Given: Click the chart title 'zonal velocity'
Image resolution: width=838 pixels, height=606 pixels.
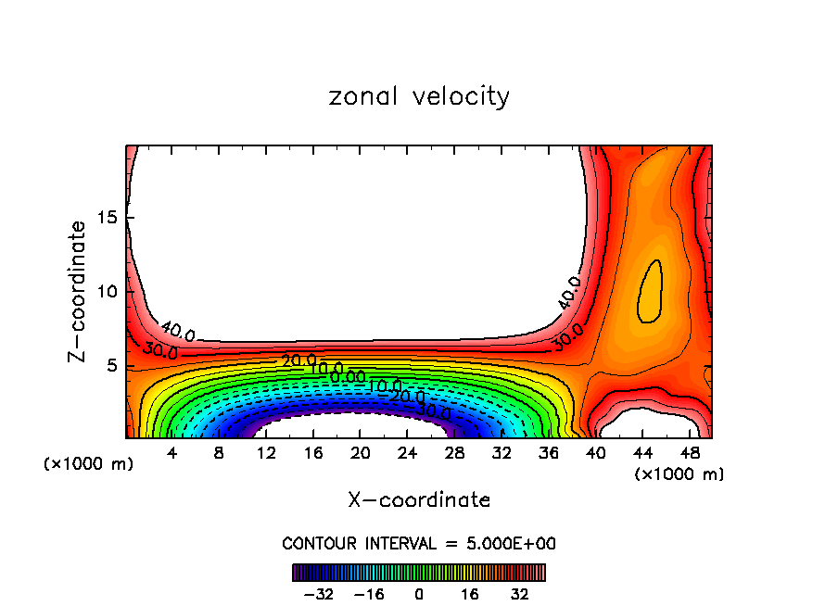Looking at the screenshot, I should coord(419,96).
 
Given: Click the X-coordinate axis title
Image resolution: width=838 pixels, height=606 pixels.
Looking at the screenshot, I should coord(419,500).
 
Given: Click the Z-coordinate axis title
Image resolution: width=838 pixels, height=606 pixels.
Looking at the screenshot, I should coord(81,291).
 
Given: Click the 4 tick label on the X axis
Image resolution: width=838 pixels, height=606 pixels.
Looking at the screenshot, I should coord(171,453).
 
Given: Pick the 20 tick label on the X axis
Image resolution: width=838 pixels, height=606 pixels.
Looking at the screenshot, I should coord(360,453).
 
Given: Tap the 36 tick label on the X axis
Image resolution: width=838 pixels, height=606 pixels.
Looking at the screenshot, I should coord(548,453).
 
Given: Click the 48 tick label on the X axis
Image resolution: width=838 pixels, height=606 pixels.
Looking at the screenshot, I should coord(689,453).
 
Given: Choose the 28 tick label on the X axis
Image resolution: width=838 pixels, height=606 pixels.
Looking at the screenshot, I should coord(453,453).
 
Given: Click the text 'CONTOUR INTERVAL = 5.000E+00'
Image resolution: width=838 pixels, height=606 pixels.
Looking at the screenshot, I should coord(419,544).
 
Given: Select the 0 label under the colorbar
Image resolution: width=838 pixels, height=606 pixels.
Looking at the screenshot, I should coord(419,593).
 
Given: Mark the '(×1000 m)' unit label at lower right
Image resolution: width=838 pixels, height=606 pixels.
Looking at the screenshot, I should coord(679,473).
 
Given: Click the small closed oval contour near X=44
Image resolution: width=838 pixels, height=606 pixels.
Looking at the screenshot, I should coord(652,291).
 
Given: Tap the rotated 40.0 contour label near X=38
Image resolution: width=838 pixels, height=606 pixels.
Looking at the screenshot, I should coord(569,292).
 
